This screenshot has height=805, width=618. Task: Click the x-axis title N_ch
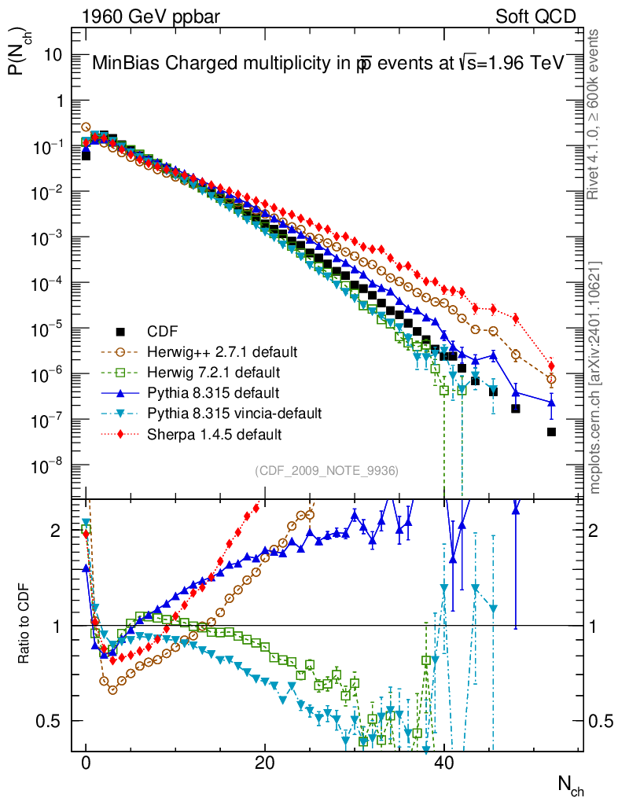[570, 785]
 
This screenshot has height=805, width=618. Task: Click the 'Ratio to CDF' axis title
[24, 624]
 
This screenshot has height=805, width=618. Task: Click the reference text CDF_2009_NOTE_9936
[326, 471]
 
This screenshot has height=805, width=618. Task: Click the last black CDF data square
[551, 432]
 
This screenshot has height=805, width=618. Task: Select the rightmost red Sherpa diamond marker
[551, 366]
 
